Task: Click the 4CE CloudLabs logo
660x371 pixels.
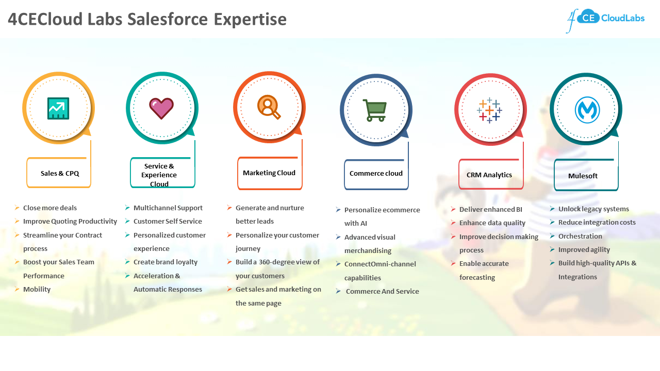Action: [605, 20]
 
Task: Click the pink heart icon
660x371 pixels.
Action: [161, 108]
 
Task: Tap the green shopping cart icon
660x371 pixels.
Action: [374, 110]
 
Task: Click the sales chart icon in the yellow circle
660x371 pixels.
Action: [58, 108]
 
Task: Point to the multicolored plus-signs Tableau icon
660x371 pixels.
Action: [489, 110]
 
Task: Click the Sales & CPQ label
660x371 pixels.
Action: [60, 173]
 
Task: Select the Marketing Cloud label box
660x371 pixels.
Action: [269, 173]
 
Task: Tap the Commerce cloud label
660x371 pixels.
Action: [376, 174]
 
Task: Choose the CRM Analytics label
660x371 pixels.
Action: [489, 175]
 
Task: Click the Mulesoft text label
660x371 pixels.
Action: [583, 176]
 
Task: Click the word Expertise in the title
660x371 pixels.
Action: [250, 19]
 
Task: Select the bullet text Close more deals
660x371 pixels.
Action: [50, 208]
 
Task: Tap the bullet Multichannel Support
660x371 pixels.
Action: [168, 208]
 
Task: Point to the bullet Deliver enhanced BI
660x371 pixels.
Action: [491, 210]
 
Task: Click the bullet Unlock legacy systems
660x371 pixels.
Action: [593, 209]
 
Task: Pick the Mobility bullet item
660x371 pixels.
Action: [37, 290]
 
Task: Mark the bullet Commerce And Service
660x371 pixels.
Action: [382, 292]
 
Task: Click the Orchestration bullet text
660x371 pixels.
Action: [580, 237]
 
